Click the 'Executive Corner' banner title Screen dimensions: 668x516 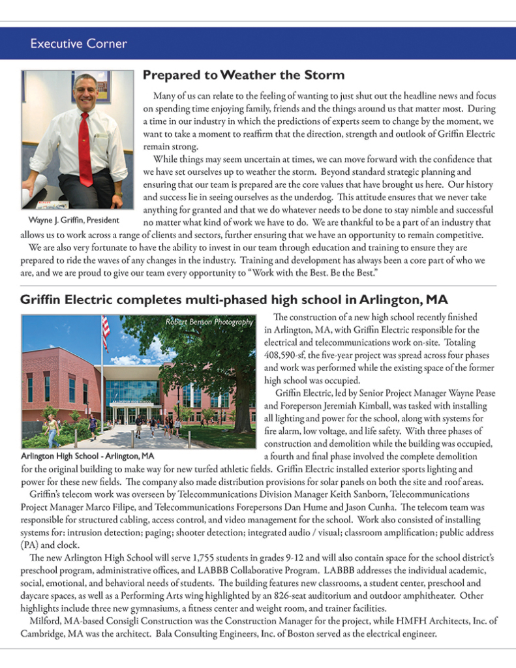pos(78,44)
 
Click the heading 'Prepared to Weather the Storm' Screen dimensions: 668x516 pos(243,76)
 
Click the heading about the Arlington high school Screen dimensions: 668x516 pos(234,301)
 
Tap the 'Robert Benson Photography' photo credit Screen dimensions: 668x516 pos(209,322)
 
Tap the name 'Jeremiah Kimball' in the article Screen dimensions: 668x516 pos(359,404)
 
